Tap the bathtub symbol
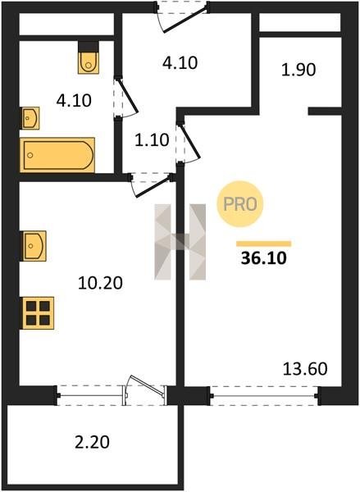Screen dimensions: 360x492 pyautogui.click(x=57, y=155)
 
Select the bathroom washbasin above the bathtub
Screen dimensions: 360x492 pyautogui.click(x=30, y=118)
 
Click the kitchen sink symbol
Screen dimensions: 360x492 pyautogui.click(x=34, y=246)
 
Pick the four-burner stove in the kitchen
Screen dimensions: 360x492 pyautogui.click(x=38, y=313)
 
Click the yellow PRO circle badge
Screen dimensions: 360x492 pyautogui.click(x=240, y=204)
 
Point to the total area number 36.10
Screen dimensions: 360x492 pyautogui.click(x=263, y=258)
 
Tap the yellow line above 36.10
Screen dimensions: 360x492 pyautogui.click(x=263, y=244)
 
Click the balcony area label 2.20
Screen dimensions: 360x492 pyautogui.click(x=93, y=442)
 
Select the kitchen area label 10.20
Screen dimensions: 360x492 pyautogui.click(x=100, y=283)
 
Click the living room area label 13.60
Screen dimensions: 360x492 pyautogui.click(x=305, y=369)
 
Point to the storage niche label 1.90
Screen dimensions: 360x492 pyautogui.click(x=298, y=70)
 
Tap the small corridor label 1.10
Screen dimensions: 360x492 pyautogui.click(x=152, y=140)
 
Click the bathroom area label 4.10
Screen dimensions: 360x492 pyautogui.click(x=74, y=101)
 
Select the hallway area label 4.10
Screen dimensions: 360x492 pyautogui.click(x=180, y=63)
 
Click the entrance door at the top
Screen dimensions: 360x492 pyautogui.click(x=184, y=19)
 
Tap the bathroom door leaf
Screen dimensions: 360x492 pyautogui.click(x=127, y=95)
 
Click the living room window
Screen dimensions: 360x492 pyautogui.click(x=265, y=396)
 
